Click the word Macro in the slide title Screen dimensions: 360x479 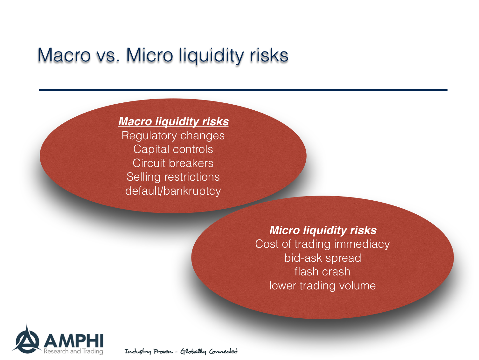[x=64, y=55]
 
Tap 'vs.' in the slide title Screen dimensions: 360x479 [x=108, y=56]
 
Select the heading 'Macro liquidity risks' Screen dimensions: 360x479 [x=173, y=121]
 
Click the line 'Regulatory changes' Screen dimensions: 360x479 [x=173, y=136]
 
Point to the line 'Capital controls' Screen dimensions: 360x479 [x=173, y=149]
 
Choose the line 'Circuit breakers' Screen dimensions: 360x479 [x=173, y=163]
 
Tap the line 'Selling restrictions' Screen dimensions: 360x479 [x=173, y=177]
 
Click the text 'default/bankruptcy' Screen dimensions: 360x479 [x=173, y=191]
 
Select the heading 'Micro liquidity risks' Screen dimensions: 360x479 [x=323, y=230]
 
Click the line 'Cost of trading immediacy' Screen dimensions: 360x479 [x=322, y=244]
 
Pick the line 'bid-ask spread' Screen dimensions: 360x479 [x=323, y=258]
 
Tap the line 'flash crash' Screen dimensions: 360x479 [x=322, y=272]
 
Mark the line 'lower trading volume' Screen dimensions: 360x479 [x=322, y=286]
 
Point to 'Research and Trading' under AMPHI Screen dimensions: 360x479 [x=73, y=351]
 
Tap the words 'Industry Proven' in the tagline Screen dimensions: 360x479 [x=149, y=351]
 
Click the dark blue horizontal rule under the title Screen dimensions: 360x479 [x=243, y=90]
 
